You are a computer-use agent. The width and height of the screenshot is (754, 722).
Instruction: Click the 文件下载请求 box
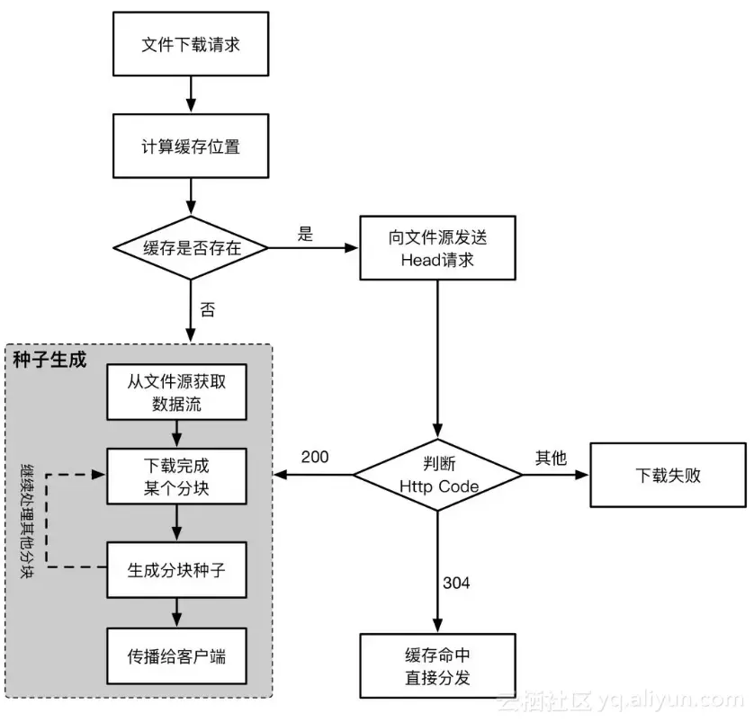[x=191, y=44]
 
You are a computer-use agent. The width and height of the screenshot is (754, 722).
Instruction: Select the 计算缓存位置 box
[x=191, y=147]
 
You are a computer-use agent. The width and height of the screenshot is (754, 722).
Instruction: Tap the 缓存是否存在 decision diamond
[x=192, y=248]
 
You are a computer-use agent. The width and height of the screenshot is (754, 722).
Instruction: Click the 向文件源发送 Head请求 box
[x=437, y=248]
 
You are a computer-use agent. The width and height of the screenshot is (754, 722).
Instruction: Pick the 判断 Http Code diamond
[x=437, y=475]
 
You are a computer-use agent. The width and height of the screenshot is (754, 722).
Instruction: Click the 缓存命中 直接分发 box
[x=437, y=666]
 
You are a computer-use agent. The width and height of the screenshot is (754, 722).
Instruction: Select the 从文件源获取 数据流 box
[x=176, y=392]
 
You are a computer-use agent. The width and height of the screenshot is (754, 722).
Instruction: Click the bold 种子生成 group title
[x=50, y=360]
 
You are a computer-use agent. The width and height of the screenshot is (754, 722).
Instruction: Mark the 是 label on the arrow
[x=305, y=234]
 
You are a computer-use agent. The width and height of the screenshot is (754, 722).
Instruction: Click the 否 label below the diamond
[x=208, y=310]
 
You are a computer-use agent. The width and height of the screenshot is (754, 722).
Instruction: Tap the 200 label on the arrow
[x=315, y=457]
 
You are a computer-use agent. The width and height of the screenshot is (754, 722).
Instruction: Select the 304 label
[x=456, y=583]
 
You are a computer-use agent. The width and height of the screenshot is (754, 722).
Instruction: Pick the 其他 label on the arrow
[x=552, y=457]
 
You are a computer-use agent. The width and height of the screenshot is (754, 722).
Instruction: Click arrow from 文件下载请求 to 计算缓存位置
[x=191, y=95]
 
